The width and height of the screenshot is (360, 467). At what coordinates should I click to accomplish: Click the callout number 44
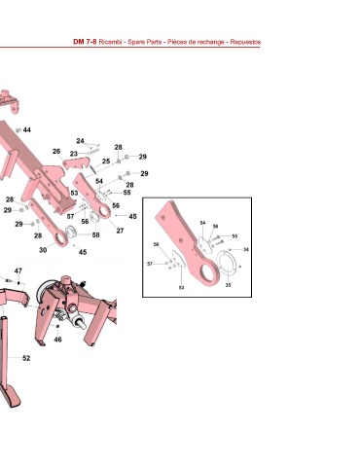coord(27,130)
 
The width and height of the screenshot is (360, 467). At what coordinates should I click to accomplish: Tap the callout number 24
coord(80,141)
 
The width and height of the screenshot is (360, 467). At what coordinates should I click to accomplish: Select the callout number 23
coord(74,154)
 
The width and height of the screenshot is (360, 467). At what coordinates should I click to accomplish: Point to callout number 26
coord(56,151)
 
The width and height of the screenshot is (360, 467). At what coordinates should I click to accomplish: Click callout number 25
coord(106,162)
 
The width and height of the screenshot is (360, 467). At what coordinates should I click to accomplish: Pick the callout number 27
coord(120,231)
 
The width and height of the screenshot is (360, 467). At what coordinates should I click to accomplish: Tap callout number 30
coord(43,250)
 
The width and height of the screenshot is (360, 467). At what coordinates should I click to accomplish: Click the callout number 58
coord(95,234)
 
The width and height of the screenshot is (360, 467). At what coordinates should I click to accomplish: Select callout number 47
coord(18,270)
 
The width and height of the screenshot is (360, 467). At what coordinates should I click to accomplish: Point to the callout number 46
coord(57,340)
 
